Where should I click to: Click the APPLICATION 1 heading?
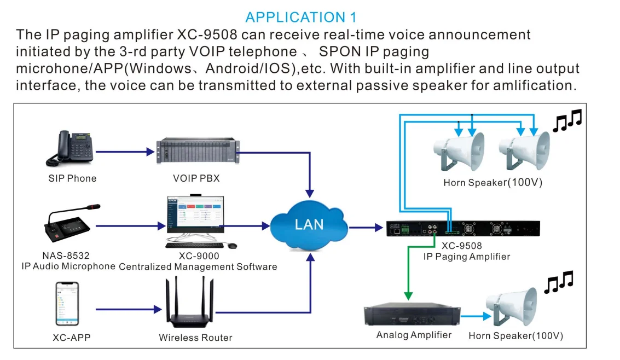pyautogui.click(x=303, y=17)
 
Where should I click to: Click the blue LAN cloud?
pyautogui.click(x=309, y=223)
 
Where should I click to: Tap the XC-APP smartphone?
pyautogui.click(x=67, y=304)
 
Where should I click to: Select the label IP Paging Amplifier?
pyautogui.click(x=466, y=257)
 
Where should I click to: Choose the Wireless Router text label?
pyautogui.click(x=195, y=338)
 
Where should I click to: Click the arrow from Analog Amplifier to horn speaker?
pyautogui.click(x=473, y=315)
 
